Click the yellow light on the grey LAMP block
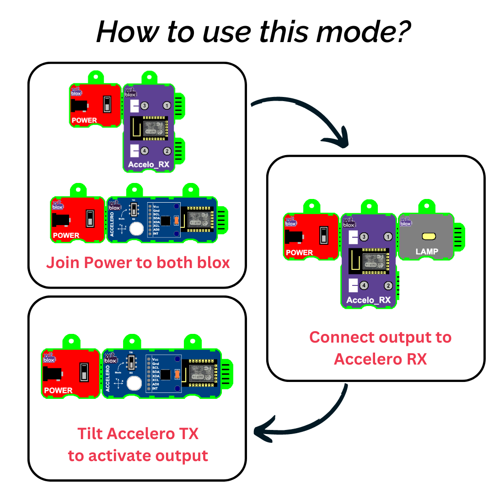[429, 236]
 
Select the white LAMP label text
[427, 252]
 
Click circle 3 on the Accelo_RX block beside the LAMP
[364, 237]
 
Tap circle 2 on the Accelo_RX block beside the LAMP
[388, 285]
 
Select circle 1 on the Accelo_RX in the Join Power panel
[167, 106]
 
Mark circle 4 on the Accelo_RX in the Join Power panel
[145, 150]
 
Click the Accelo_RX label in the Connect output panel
[369, 300]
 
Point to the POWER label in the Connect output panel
[299, 252]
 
